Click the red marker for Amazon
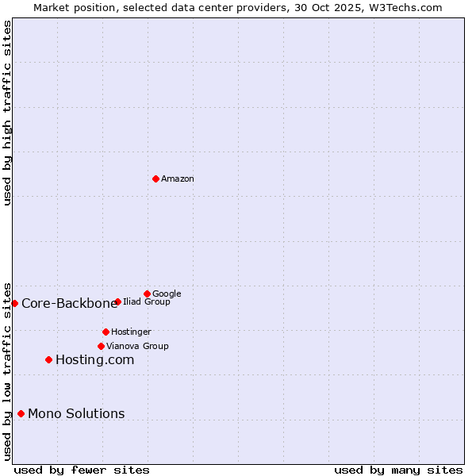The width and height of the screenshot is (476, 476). coord(155,178)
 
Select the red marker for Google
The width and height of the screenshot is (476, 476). coord(147,294)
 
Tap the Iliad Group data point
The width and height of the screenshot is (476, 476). coord(117,301)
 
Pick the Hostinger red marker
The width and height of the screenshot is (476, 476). coord(106,332)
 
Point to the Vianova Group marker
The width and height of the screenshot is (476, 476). coord(101,346)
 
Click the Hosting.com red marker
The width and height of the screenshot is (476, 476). coord(48,359)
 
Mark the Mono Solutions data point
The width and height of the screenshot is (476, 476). coord(21,413)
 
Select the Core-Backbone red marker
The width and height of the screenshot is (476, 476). coord(14,303)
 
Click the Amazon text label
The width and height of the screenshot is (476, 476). coord(178,178)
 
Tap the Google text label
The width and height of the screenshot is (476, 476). coord(167,294)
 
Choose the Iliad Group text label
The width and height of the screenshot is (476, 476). coord(147,301)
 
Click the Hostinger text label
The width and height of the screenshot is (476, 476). coord(131,332)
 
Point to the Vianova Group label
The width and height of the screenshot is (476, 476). coord(137,346)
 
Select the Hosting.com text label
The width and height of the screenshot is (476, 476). coord(94,359)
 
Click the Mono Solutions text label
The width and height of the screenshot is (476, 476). coord(76,413)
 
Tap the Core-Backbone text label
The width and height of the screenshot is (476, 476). coord(69,303)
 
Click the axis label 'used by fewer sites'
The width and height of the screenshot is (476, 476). coord(82,470)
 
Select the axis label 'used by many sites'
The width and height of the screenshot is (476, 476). coord(398,470)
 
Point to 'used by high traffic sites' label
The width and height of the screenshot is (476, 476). coord(7,113)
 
